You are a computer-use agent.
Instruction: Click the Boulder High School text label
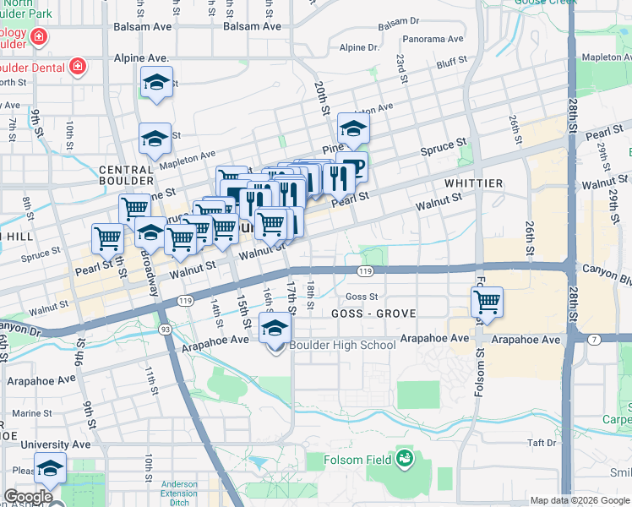[342, 345]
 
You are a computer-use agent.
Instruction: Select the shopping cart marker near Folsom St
[488, 302]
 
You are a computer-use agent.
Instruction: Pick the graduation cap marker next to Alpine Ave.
[155, 84]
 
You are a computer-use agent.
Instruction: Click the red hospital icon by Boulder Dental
[77, 65]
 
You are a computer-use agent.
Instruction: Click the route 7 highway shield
[594, 339]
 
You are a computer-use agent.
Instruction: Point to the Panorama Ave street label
[433, 39]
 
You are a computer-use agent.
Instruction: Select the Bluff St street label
[452, 63]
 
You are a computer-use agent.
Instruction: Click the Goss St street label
[362, 297]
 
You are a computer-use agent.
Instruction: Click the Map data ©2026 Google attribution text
[580, 500]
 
